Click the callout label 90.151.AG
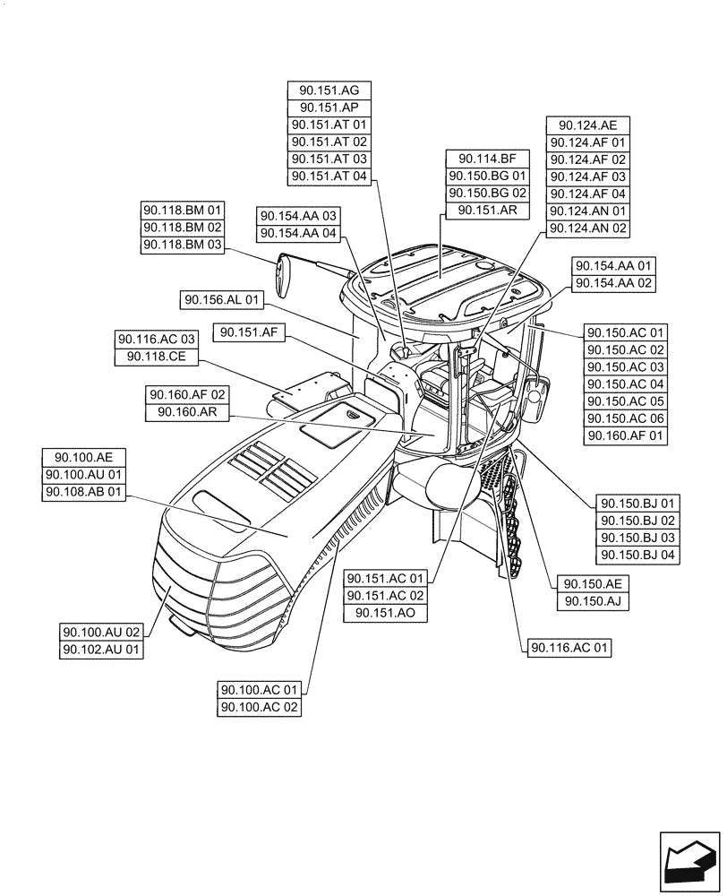click(329, 90)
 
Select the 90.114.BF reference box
click(488, 159)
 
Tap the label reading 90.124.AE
click(588, 125)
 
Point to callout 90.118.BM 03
click(183, 245)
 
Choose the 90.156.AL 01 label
click(222, 300)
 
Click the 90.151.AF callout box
click(249, 333)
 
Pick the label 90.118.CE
click(156, 357)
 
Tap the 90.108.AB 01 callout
click(85, 492)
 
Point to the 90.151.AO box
click(386, 613)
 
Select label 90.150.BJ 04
click(637, 555)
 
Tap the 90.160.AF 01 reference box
click(626, 435)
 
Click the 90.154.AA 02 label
click(614, 283)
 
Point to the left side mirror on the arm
click(286, 275)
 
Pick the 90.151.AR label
click(488, 211)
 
